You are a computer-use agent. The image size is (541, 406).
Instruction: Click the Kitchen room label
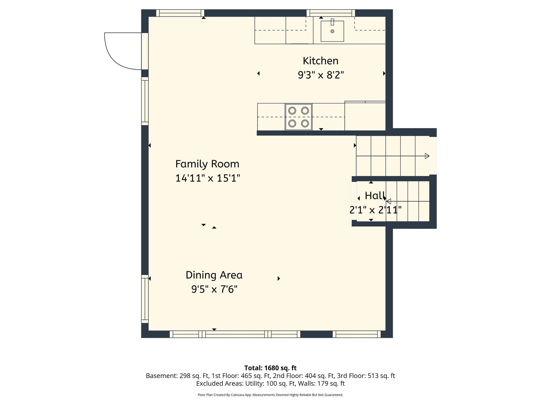[320, 61]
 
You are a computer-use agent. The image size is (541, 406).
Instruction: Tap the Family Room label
[207, 164]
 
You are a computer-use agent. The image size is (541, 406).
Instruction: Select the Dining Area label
[214, 275]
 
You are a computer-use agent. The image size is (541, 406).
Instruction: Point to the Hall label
[375, 196]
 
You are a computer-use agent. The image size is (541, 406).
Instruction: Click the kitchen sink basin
[332, 31]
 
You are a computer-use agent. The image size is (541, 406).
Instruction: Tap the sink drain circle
[332, 31]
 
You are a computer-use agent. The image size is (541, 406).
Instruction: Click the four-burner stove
[299, 117]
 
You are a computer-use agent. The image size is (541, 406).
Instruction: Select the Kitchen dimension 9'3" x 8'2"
[321, 75]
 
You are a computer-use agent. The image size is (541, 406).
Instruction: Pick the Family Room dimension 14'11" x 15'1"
[208, 178]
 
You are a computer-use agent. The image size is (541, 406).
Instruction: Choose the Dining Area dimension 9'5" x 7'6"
[214, 289]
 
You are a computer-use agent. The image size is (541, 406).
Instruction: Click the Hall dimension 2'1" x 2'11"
[375, 210]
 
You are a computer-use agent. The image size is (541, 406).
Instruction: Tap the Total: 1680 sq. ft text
[270, 368]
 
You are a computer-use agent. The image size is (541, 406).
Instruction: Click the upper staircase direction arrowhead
[427, 156]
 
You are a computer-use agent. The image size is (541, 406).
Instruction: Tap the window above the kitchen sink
[331, 13]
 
